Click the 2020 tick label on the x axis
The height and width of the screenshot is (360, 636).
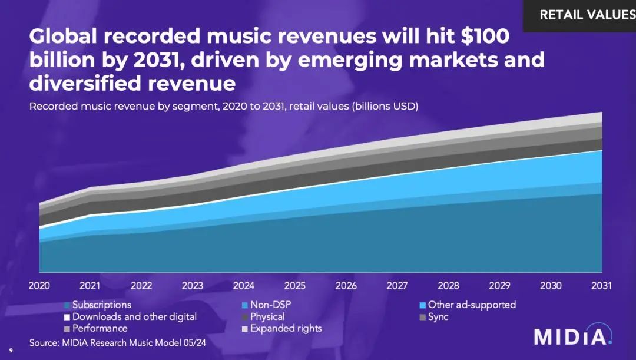[39, 286]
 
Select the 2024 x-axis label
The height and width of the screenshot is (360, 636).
[243, 286]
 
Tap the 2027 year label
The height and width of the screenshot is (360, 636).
[397, 286]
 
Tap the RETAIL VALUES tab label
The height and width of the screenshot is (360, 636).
[587, 15]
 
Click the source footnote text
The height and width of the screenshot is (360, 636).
[118, 342]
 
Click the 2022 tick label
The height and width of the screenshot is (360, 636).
[141, 286]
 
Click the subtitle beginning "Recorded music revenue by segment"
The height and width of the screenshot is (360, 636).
[224, 107]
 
